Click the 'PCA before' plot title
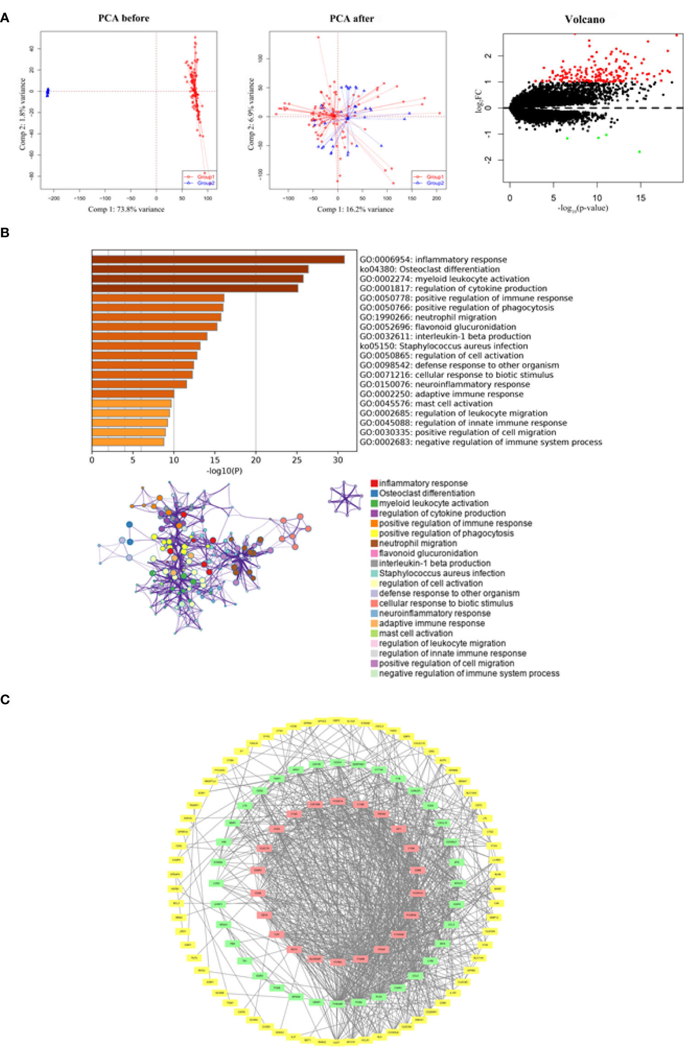[124, 18]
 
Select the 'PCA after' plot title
[351, 19]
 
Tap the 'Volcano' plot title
[585, 19]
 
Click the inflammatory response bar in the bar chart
[218, 259]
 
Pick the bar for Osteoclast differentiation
[200, 269]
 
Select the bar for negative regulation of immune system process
[128, 442]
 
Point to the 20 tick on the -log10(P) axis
[256, 460]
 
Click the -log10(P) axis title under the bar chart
[224, 471]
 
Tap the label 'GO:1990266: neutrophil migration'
[428, 317]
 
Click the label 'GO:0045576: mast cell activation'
[426, 404]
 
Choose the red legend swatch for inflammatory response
[374, 483]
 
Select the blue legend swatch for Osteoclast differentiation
[374, 493]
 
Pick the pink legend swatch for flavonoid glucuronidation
[374, 553]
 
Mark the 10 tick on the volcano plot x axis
[597, 198]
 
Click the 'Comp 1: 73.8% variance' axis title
[126, 209]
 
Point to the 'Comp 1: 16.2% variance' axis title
[355, 209]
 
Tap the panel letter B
[5, 233]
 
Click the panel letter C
[5, 699]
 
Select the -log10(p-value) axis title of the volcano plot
[583, 208]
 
